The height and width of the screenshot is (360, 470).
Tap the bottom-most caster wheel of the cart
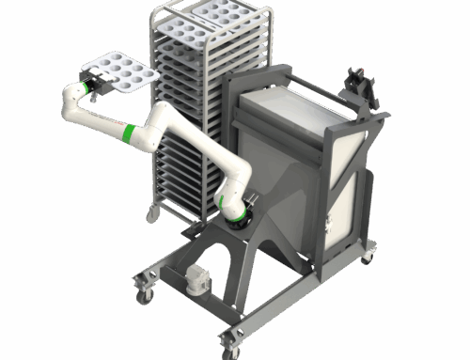[228, 343]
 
